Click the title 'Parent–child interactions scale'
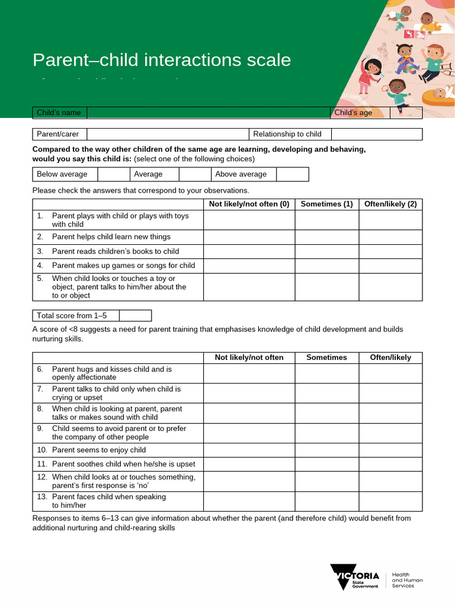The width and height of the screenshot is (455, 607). pos(162,60)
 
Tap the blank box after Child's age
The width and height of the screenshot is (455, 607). pos(406,113)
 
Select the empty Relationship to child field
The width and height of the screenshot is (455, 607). pos(377,134)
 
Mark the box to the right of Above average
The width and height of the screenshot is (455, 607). pos(293,174)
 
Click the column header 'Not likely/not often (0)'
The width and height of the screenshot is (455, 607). pos(249,204)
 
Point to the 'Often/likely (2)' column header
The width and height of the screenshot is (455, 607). pos(390,204)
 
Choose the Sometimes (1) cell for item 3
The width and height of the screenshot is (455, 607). pos(326,251)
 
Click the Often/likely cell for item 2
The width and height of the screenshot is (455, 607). pos(390,237)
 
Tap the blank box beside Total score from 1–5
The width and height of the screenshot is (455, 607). pos(135,315)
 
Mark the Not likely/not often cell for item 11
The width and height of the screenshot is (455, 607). pos(249,464)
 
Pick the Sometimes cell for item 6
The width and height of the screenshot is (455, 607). pos(326,373)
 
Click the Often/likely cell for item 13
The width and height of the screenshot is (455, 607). pos(390,501)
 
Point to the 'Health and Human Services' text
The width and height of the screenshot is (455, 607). pos(408,580)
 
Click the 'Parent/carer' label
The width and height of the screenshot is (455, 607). pos(58,134)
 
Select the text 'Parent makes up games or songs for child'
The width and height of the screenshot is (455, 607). pos(123,266)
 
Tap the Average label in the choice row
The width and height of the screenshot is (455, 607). pos(148,174)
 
